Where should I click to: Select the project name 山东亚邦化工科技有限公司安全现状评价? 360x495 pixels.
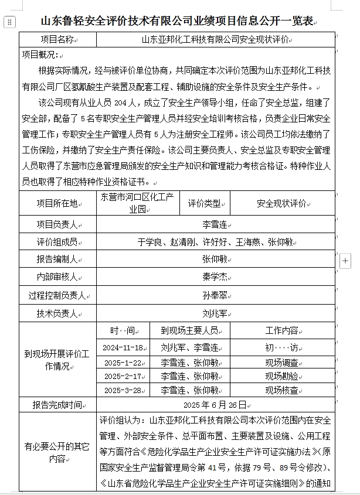[x=216, y=40]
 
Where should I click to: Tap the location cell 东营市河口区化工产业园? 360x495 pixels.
[x=137, y=203]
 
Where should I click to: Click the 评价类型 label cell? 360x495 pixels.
[x=204, y=203]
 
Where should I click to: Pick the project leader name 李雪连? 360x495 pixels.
[x=215, y=224]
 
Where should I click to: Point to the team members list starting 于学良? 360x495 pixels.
[x=215, y=241]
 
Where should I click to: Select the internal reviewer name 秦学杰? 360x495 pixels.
[x=215, y=276]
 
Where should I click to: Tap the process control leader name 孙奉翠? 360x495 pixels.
[x=215, y=295]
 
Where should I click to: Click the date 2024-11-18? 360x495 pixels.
[x=123, y=347]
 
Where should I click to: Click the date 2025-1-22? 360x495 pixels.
[x=123, y=362]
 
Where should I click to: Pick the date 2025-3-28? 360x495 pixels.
[x=123, y=390]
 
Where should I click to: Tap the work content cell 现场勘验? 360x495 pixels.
[x=281, y=376]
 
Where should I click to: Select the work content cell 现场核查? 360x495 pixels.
[x=281, y=390]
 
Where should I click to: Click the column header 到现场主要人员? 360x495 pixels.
[x=189, y=330]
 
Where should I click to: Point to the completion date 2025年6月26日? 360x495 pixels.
[x=215, y=405]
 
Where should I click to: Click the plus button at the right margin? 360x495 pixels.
[x=346, y=260]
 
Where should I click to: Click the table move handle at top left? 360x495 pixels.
[x=9, y=22]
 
